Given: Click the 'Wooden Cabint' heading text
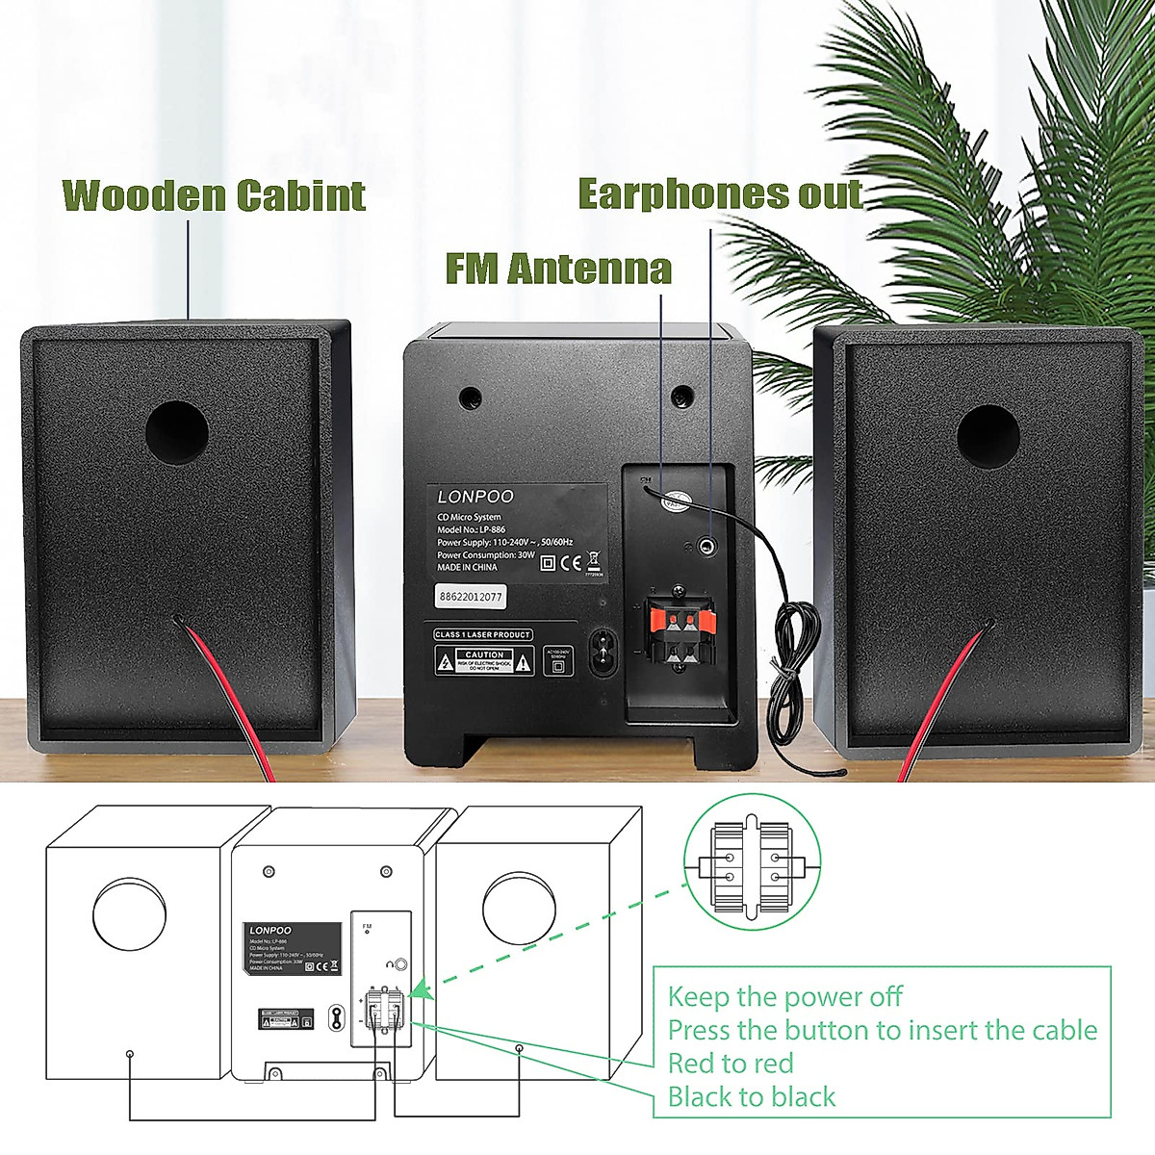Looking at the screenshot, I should (x=214, y=195).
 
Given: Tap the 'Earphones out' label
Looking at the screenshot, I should (x=720, y=194).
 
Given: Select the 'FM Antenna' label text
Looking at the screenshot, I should (x=558, y=269).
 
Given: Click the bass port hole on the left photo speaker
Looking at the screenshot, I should (x=177, y=432).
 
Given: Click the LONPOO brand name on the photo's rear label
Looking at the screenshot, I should (x=475, y=497).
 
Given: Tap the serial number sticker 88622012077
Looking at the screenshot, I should (x=470, y=597).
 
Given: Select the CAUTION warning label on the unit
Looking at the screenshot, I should (x=484, y=660).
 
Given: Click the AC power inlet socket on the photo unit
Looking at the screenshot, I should (x=603, y=654).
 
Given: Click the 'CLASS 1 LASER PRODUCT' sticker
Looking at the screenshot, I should (x=482, y=634).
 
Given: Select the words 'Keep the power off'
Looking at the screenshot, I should (x=784, y=996).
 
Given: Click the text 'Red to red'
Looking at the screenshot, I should (x=731, y=1064).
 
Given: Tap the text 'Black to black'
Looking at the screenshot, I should (x=752, y=1097).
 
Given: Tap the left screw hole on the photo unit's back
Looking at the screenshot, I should (x=470, y=396).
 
